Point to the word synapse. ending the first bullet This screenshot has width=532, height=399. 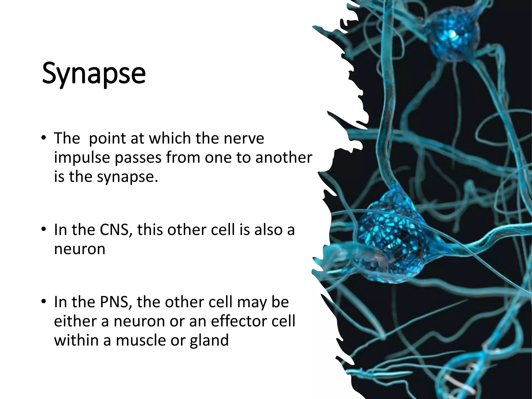128,177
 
